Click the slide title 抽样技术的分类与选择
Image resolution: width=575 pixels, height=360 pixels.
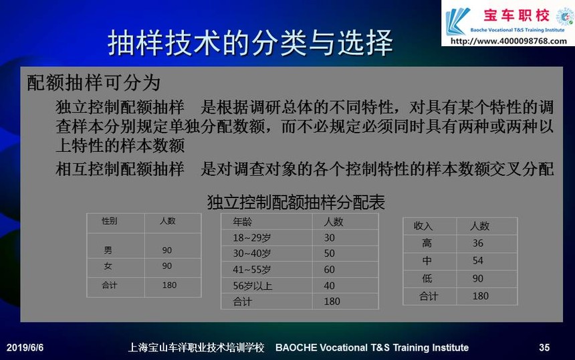click(250, 43)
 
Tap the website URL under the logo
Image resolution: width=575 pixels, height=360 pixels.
click(509, 41)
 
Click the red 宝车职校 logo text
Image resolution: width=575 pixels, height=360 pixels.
click(516, 15)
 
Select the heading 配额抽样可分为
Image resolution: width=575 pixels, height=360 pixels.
click(94, 82)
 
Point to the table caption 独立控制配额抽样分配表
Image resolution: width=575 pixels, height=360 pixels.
click(296, 202)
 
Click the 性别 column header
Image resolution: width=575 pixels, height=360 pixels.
click(109, 221)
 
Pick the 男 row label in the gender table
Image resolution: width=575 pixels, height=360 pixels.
click(108, 250)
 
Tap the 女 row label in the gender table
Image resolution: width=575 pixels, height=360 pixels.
click(108, 266)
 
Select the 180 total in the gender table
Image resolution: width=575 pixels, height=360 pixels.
click(169, 285)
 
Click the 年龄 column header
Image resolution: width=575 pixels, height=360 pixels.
click(242, 221)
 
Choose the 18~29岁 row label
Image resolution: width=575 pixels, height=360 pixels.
click(251, 238)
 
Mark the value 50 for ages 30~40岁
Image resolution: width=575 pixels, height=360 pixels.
click(330, 254)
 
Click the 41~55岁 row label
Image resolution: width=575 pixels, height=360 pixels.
click(251, 270)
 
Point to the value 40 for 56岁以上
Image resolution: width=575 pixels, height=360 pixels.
click(330, 286)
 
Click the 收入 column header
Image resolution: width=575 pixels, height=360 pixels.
click(423, 226)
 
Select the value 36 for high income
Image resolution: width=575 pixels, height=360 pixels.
click(478, 244)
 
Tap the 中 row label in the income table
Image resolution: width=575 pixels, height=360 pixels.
click(427, 261)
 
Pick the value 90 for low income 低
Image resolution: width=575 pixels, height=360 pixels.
click(478, 278)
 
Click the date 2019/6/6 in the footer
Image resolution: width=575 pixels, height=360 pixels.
click(25, 347)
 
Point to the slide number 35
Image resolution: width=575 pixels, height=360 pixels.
click(544, 347)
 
